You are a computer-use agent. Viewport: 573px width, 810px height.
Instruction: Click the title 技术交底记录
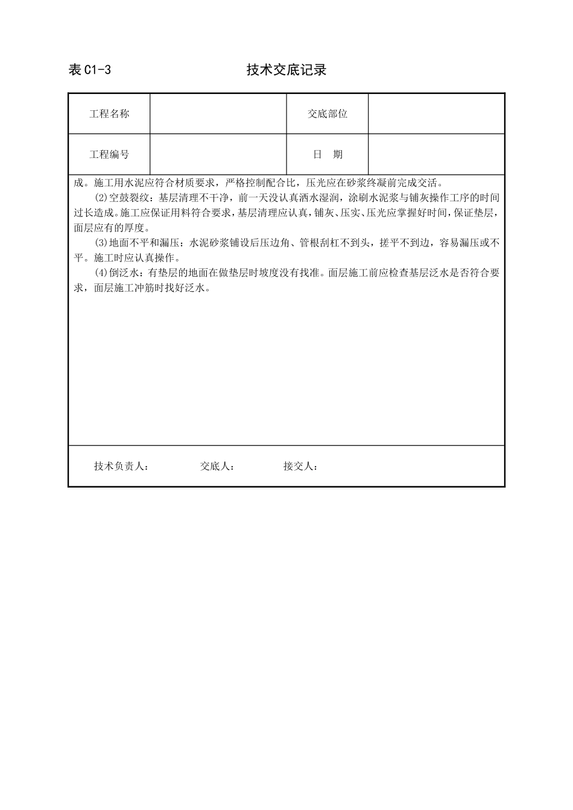(286, 70)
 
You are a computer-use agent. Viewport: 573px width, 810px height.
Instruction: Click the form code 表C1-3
(90, 70)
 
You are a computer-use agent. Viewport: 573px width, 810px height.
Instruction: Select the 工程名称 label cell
(109, 114)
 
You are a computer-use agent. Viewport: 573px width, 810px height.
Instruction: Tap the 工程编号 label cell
(109, 154)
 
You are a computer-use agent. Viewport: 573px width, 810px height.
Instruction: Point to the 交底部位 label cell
(328, 114)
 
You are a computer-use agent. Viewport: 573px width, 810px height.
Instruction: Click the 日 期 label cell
(328, 154)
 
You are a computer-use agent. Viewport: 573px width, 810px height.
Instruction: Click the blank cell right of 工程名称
(218, 114)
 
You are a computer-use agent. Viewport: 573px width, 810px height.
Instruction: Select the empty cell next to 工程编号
(218, 154)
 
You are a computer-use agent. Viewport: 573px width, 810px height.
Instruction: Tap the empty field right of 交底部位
(436, 114)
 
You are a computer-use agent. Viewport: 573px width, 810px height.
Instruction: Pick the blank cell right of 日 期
(436, 154)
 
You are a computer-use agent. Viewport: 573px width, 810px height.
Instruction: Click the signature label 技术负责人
(121, 466)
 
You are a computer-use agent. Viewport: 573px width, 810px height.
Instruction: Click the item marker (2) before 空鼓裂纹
(101, 198)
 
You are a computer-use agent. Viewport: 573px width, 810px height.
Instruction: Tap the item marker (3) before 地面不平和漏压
(101, 243)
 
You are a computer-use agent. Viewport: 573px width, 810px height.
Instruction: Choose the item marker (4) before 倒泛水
(101, 273)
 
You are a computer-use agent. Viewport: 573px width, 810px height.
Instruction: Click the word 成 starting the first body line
(77, 183)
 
